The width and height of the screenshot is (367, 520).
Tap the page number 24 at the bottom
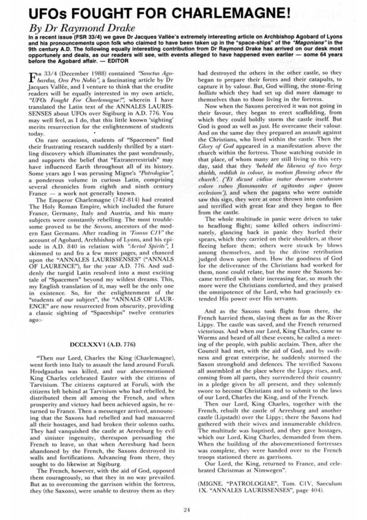(x=183, y=507)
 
